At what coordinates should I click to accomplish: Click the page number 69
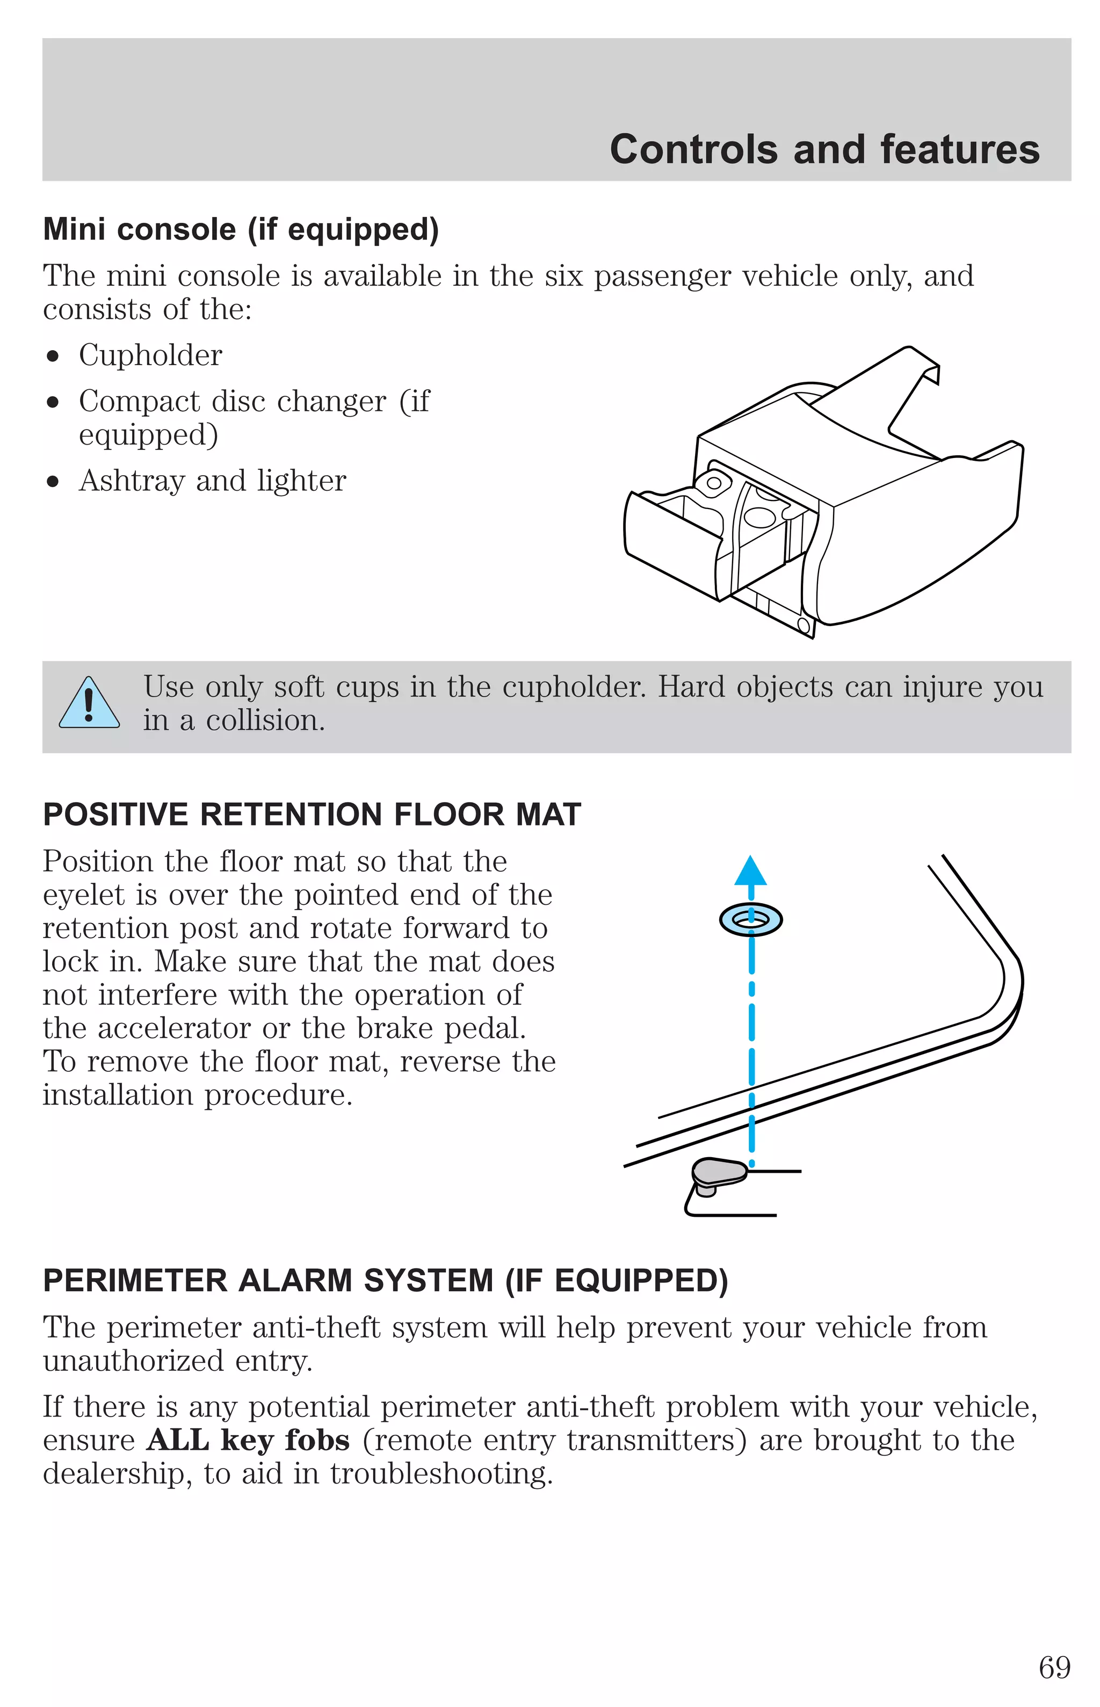coord(1054,1668)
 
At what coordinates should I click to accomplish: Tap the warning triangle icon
coord(89,704)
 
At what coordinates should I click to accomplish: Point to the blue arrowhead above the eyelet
coord(751,871)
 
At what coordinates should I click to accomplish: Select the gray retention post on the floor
coord(719,1173)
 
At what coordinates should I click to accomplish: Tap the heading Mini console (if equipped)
coord(241,230)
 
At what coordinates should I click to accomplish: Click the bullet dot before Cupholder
coord(53,356)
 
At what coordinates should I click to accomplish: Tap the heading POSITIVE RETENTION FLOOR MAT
coord(312,815)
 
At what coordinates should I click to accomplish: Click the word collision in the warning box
coord(264,721)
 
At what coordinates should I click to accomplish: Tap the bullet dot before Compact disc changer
coord(53,403)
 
